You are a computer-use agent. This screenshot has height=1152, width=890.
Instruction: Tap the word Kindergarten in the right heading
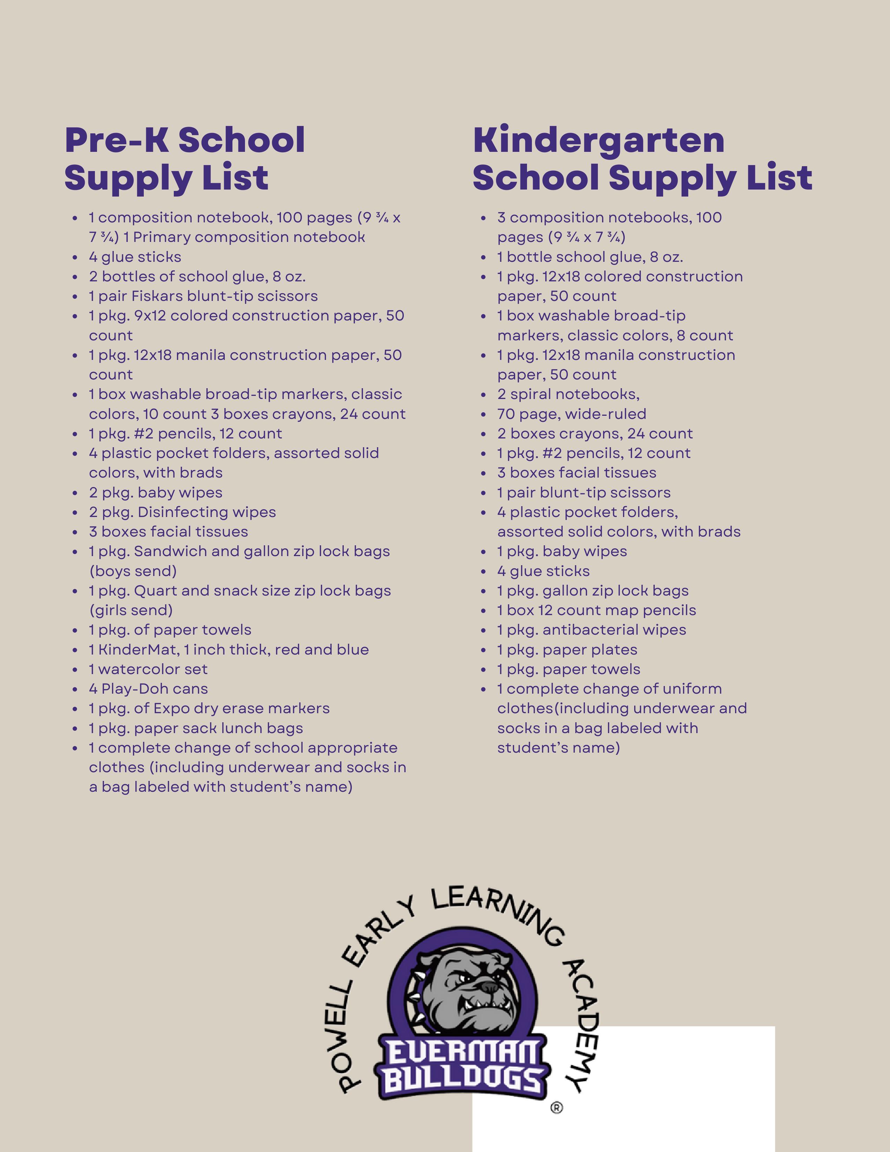pyautogui.click(x=599, y=140)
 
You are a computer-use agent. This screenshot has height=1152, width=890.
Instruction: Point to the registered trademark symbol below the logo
pyautogui.click(x=556, y=1108)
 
